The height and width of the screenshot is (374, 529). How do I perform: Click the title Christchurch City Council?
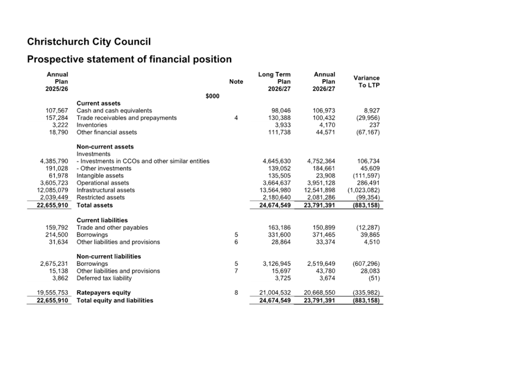coord(89,42)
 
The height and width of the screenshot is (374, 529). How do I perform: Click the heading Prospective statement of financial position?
coord(129,59)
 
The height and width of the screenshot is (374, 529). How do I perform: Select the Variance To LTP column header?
coord(366,81)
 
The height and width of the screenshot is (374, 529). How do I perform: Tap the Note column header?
coord(236,81)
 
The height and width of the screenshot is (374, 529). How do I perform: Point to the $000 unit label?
coord(212,96)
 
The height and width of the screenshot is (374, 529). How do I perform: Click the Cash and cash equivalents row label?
coord(114,110)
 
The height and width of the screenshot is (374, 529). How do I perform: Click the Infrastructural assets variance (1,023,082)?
coord(364,190)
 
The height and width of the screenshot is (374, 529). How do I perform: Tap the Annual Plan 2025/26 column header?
coord(57,81)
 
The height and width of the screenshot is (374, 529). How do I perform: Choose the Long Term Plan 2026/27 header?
coord(275,81)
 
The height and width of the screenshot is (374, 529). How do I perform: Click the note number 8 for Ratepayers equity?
coord(236,293)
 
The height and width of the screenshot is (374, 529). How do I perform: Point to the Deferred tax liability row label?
coord(104,278)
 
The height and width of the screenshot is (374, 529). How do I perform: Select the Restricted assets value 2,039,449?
coord(54,197)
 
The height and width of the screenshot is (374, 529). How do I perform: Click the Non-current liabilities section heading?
coord(109,256)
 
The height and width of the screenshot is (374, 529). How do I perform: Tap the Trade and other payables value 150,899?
coord(324,228)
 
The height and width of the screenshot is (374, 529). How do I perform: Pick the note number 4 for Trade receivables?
coord(236,118)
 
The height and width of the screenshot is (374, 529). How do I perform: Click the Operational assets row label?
coord(103,183)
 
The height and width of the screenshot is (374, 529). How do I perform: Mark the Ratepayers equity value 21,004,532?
coord(275,293)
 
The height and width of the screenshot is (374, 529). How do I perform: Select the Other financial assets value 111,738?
coord(279,132)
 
